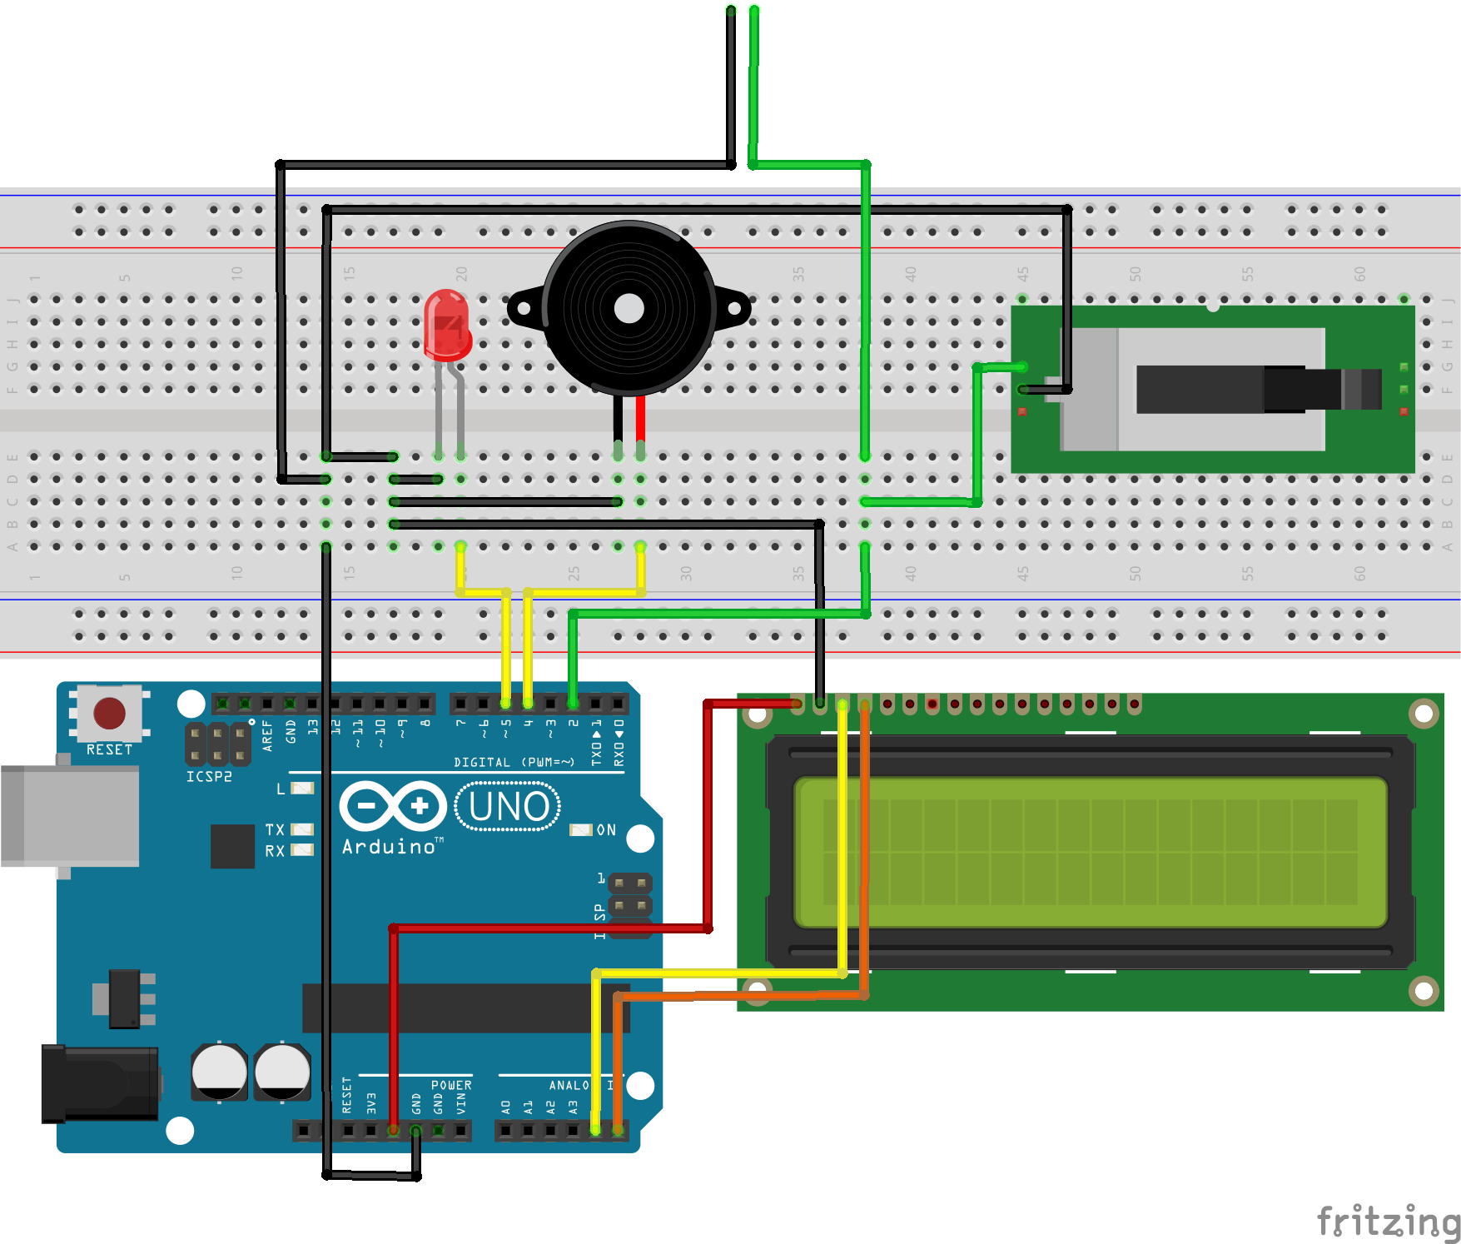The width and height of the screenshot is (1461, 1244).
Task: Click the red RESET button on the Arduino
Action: pos(109,714)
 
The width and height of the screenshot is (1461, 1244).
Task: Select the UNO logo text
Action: pos(508,807)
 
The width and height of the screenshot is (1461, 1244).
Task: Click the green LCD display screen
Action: pos(1090,852)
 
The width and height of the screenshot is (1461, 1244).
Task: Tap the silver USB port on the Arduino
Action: pos(70,816)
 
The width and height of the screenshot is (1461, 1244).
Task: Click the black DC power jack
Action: pos(100,1083)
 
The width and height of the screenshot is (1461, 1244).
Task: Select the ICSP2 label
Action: pos(209,777)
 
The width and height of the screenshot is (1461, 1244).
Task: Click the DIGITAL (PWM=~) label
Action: pos(514,762)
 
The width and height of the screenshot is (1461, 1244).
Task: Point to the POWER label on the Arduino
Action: pos(451,1085)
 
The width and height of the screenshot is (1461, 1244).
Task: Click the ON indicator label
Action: pos(606,830)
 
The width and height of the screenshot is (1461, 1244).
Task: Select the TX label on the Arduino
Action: pos(275,829)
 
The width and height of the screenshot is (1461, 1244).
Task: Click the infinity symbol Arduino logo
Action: pos(392,806)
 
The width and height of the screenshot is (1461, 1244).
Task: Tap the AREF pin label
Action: pos(267,736)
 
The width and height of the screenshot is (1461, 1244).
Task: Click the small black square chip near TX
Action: pos(232,846)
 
